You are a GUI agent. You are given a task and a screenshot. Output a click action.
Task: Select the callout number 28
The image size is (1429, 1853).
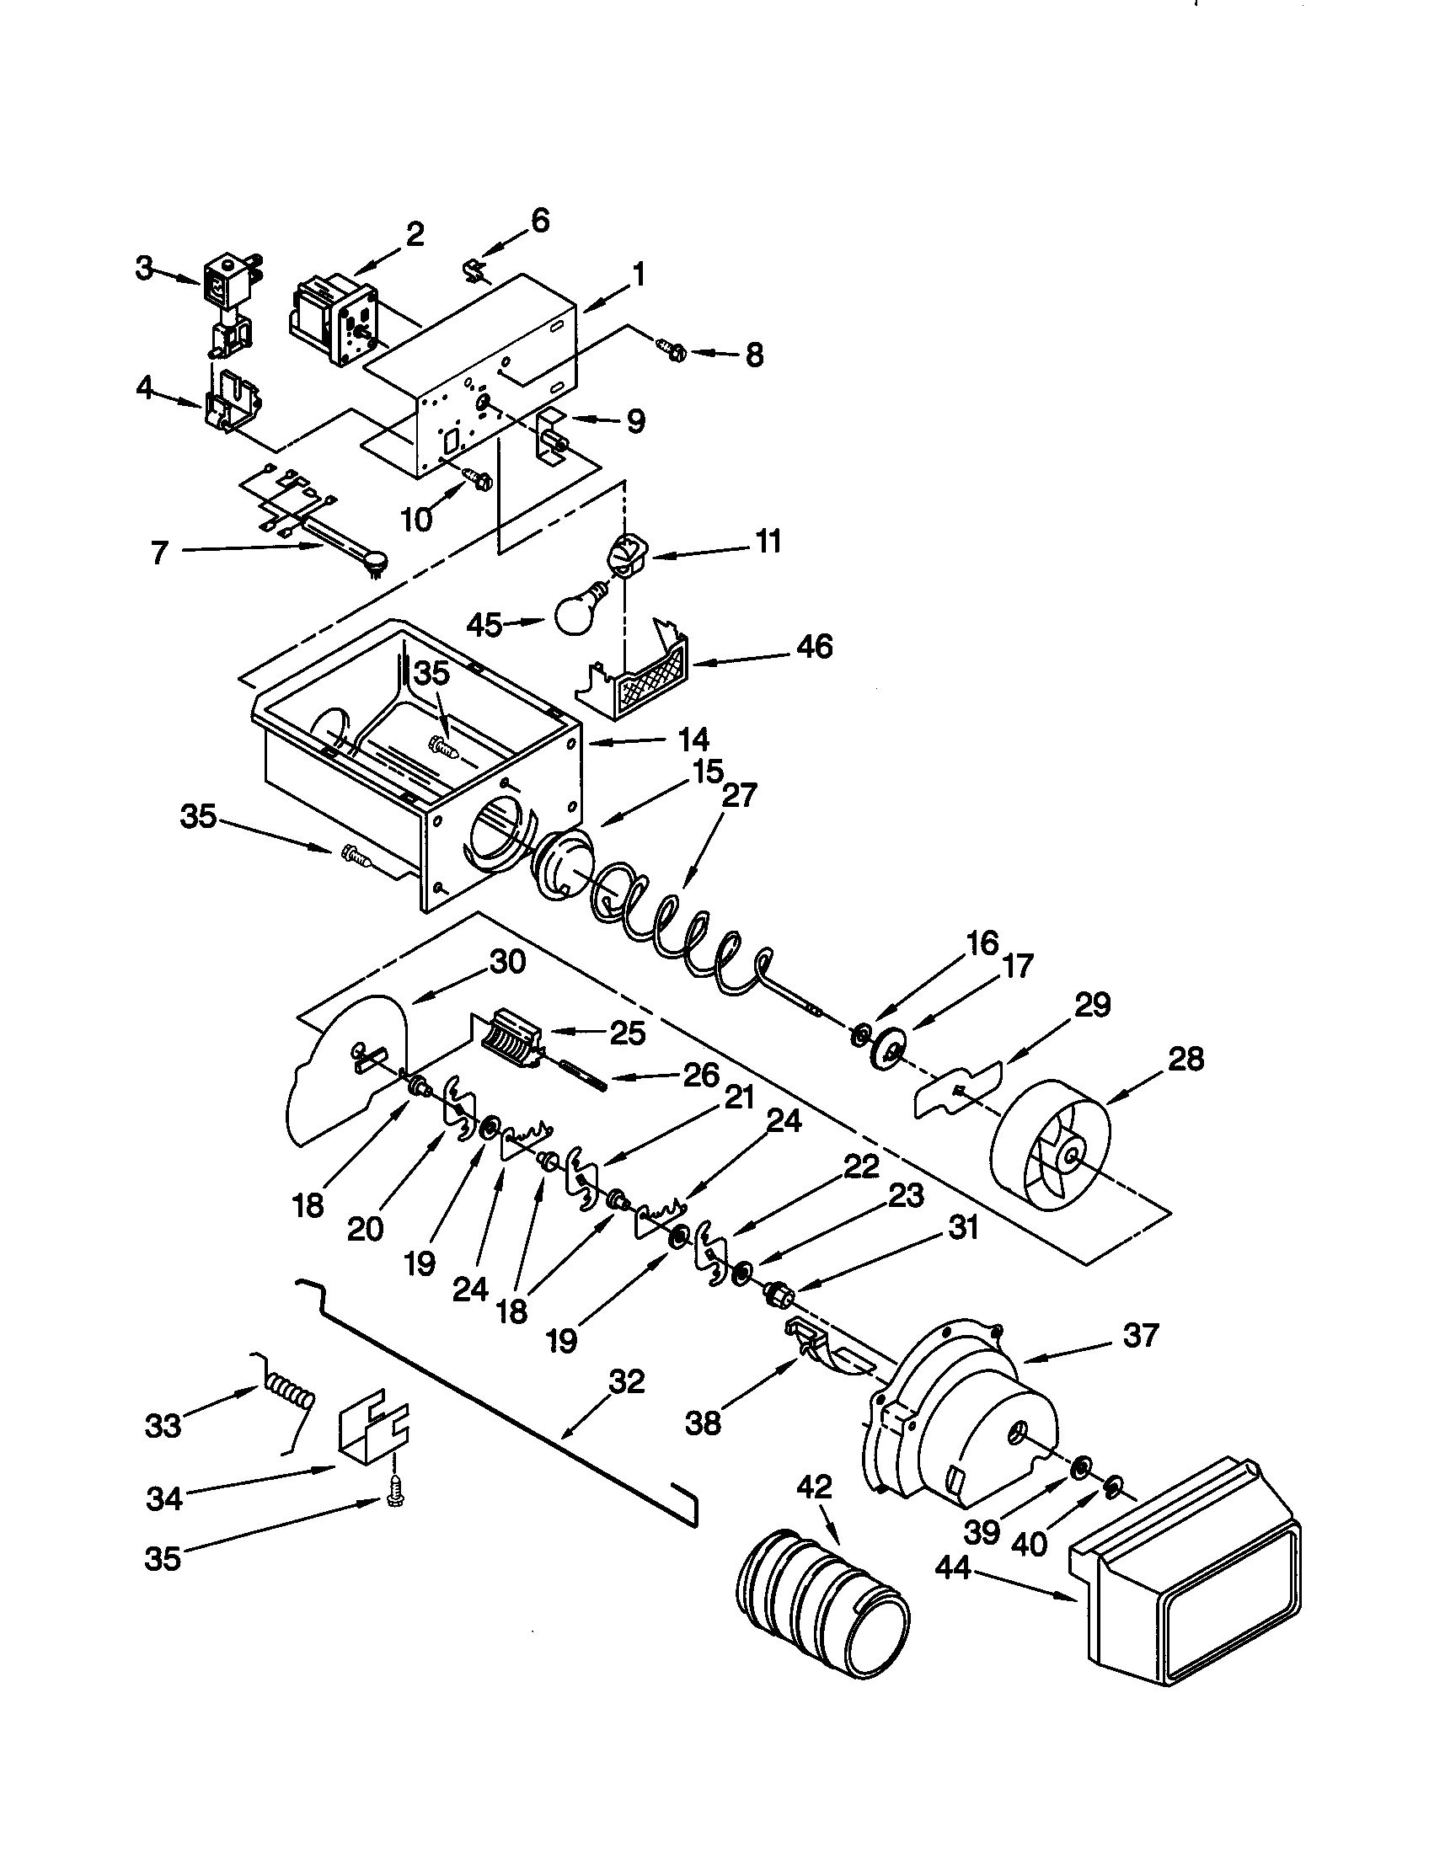coord(1185,1060)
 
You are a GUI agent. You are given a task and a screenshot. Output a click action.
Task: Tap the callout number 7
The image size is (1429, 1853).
coord(160,553)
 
